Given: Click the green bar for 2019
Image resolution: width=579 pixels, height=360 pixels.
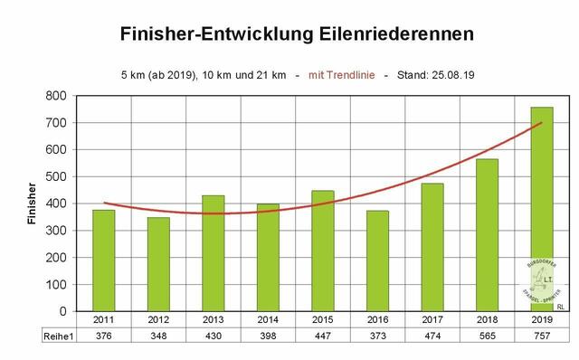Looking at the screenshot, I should coord(542,209).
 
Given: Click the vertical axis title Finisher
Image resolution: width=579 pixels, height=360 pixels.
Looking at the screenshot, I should coord(33,204).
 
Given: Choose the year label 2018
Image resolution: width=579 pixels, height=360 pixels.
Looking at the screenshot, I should coord(488,320).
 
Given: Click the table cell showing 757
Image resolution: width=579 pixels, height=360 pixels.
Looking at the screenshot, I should coord(542,336).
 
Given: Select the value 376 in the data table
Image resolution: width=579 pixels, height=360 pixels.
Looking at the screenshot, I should coord(103,336).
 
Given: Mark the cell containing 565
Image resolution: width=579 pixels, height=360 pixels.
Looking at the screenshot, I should coord(488,336).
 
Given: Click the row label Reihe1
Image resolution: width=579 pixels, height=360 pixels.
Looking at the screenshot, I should coord(56,336).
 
